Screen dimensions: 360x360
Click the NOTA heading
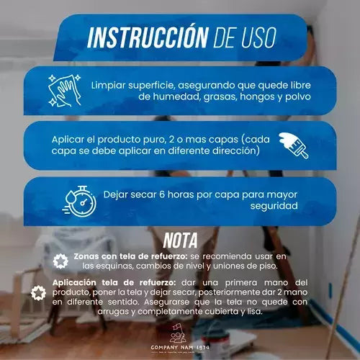coord(181,239)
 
